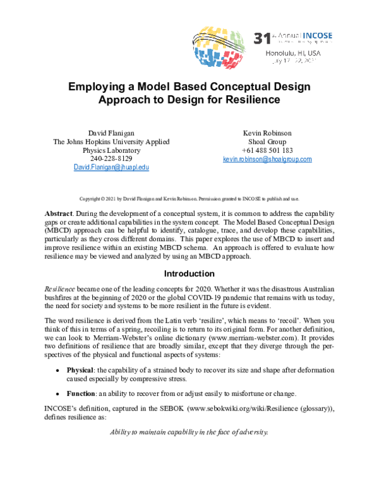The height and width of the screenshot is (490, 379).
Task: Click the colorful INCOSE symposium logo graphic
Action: pos(222,46)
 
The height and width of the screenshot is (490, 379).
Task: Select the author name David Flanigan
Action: pos(112,133)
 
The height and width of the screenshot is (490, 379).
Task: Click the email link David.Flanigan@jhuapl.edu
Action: pos(112,168)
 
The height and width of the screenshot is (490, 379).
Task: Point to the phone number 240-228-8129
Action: pos(112,159)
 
